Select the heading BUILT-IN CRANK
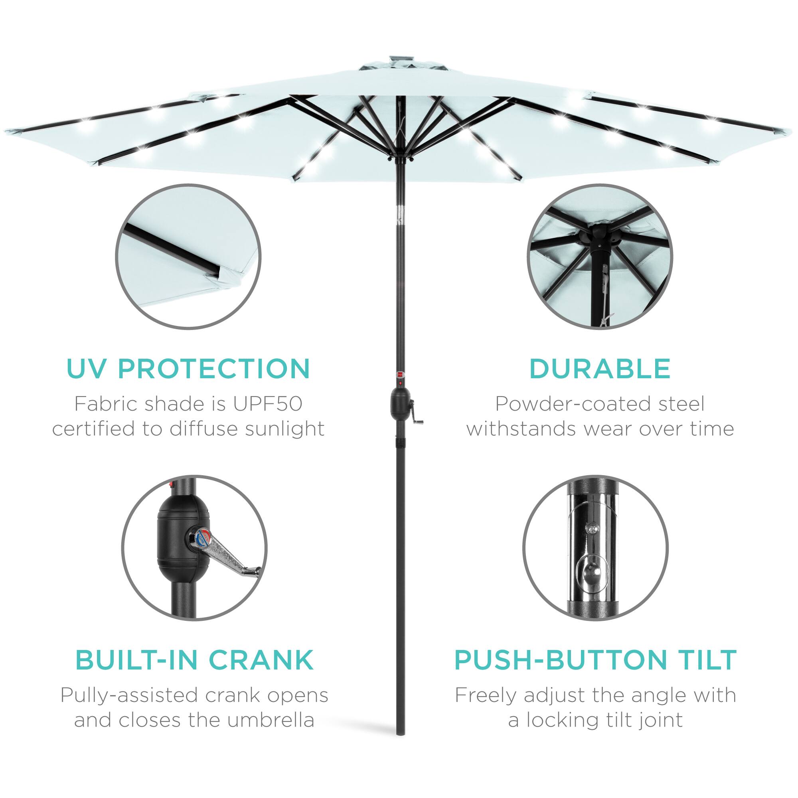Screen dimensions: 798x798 [194, 660]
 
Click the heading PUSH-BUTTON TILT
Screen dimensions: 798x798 [596, 660]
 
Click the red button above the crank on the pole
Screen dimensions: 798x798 [399, 374]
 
